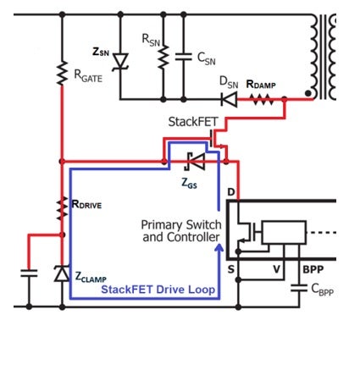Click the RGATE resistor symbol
tap(62, 73)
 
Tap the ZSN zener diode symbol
tap(120, 61)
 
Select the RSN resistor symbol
tap(163, 57)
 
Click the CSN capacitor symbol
tap(184, 57)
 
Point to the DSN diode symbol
tap(229, 99)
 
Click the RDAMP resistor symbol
tap(263, 99)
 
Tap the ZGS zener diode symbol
tap(195, 162)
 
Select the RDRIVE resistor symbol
tap(63, 209)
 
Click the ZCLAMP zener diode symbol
tap(62, 273)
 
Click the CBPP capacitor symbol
tap(299, 288)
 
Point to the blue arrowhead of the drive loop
tap(219, 248)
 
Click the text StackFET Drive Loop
tap(158, 290)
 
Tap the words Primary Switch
tap(181, 225)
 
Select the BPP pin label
tap(313, 269)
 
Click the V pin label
tap(276, 269)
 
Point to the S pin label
tap(231, 269)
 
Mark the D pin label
tap(231, 192)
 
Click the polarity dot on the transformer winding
tap(308, 93)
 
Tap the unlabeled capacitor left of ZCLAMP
tap(29, 273)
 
